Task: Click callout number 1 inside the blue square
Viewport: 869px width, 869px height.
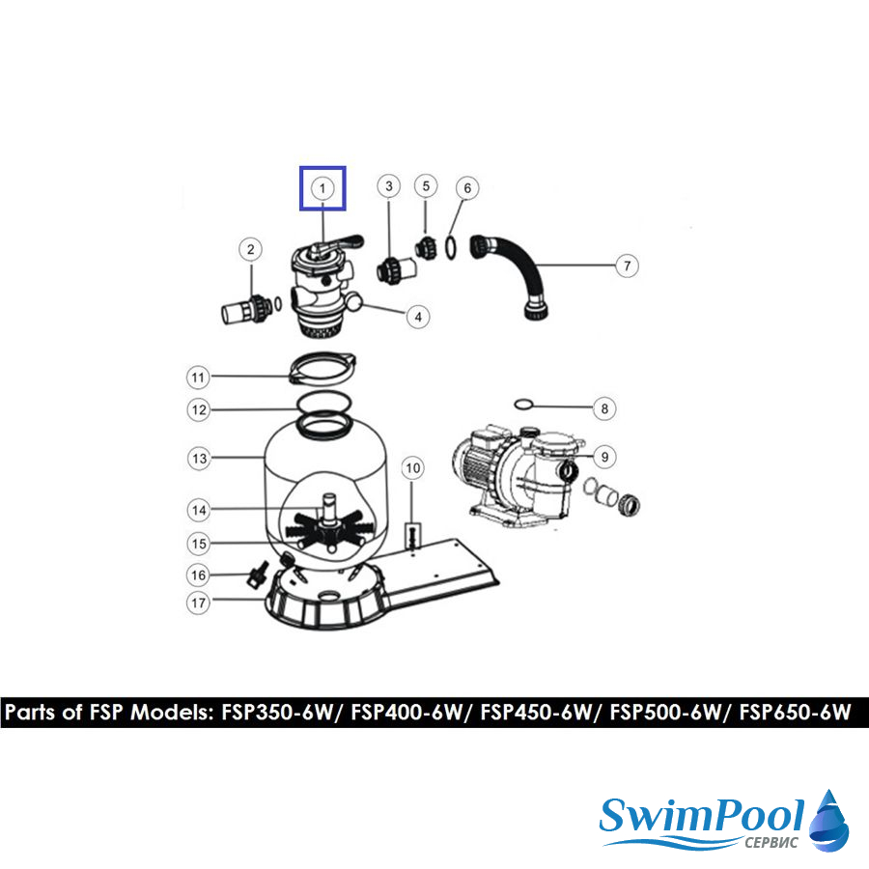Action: (x=322, y=188)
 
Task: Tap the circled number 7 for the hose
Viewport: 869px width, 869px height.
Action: (x=627, y=266)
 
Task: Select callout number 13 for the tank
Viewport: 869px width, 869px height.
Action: (x=199, y=459)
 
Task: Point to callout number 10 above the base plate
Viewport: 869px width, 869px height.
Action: (x=412, y=468)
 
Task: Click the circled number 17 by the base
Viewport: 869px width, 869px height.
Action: (x=198, y=603)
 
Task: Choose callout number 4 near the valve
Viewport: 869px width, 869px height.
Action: (x=418, y=317)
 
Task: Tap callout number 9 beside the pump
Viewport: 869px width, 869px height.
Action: (x=604, y=458)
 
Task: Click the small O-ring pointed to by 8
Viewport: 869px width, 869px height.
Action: (x=523, y=404)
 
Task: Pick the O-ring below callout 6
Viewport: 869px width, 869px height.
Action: (x=452, y=248)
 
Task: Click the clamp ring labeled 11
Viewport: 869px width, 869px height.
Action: (x=322, y=367)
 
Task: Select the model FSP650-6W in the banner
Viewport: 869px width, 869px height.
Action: (x=795, y=712)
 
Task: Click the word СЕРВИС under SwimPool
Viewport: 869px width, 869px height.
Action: (x=771, y=842)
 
